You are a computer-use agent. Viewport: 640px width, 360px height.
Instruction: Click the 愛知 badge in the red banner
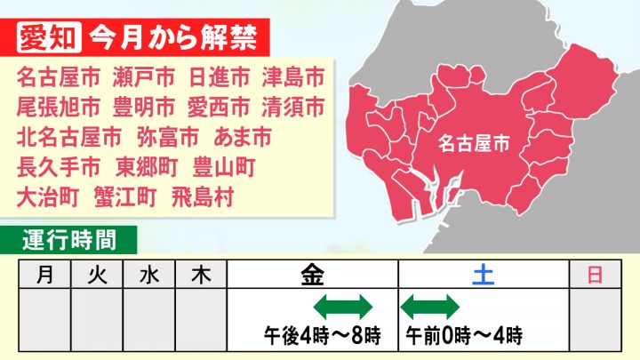[49, 37]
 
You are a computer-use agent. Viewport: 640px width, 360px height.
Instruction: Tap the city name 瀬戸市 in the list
[144, 77]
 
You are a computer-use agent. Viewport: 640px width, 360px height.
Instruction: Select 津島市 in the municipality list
[293, 77]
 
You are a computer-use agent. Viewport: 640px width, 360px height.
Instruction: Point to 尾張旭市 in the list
[59, 107]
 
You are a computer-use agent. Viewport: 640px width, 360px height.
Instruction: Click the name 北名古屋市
[69, 137]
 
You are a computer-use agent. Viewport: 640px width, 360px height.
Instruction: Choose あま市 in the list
[243, 137]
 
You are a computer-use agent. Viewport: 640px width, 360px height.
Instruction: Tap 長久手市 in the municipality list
[59, 167]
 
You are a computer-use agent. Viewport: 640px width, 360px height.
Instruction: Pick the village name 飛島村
[203, 197]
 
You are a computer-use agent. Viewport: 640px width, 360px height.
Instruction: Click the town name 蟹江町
[125, 197]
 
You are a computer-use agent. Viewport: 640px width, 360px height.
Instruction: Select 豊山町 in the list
[224, 167]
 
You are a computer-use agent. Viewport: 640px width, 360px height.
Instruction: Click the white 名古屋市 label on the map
[474, 143]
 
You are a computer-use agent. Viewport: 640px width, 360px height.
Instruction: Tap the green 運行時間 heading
[69, 240]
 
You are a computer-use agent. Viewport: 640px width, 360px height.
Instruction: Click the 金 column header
[312, 275]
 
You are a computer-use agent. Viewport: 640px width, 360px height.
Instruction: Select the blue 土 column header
[484, 275]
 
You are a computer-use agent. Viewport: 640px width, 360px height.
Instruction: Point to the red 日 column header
[595, 275]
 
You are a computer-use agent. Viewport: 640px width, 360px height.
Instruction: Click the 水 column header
[149, 275]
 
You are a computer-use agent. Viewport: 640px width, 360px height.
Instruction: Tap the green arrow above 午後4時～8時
[343, 307]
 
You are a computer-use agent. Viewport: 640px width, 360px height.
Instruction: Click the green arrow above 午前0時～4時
[430, 307]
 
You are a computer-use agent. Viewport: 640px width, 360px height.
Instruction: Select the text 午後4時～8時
[322, 335]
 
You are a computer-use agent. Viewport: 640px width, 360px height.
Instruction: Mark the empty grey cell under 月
[45, 320]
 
